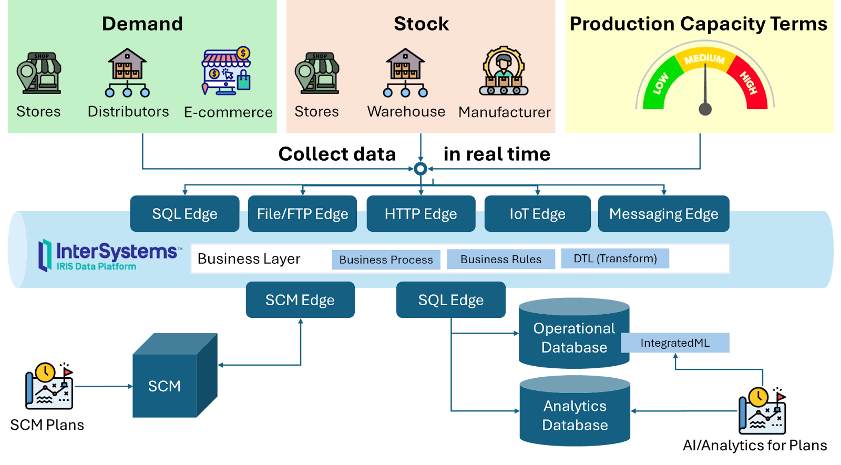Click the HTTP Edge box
coord(420,214)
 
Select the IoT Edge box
coord(537,214)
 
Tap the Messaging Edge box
coord(663,214)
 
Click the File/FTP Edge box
coord(302,214)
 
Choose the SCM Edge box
coord(300,300)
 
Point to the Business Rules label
coord(501,260)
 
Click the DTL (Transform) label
coord(615,259)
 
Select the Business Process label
coord(386,260)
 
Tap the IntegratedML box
coord(675,343)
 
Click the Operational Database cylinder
coord(574,336)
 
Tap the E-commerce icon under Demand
coord(227,71)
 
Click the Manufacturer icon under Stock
coord(504,71)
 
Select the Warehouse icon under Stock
coord(405,73)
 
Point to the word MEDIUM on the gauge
coord(704,59)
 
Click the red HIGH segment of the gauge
coord(749,84)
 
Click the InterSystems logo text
coord(117,252)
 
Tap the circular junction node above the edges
coord(420,169)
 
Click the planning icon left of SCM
coord(49,387)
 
